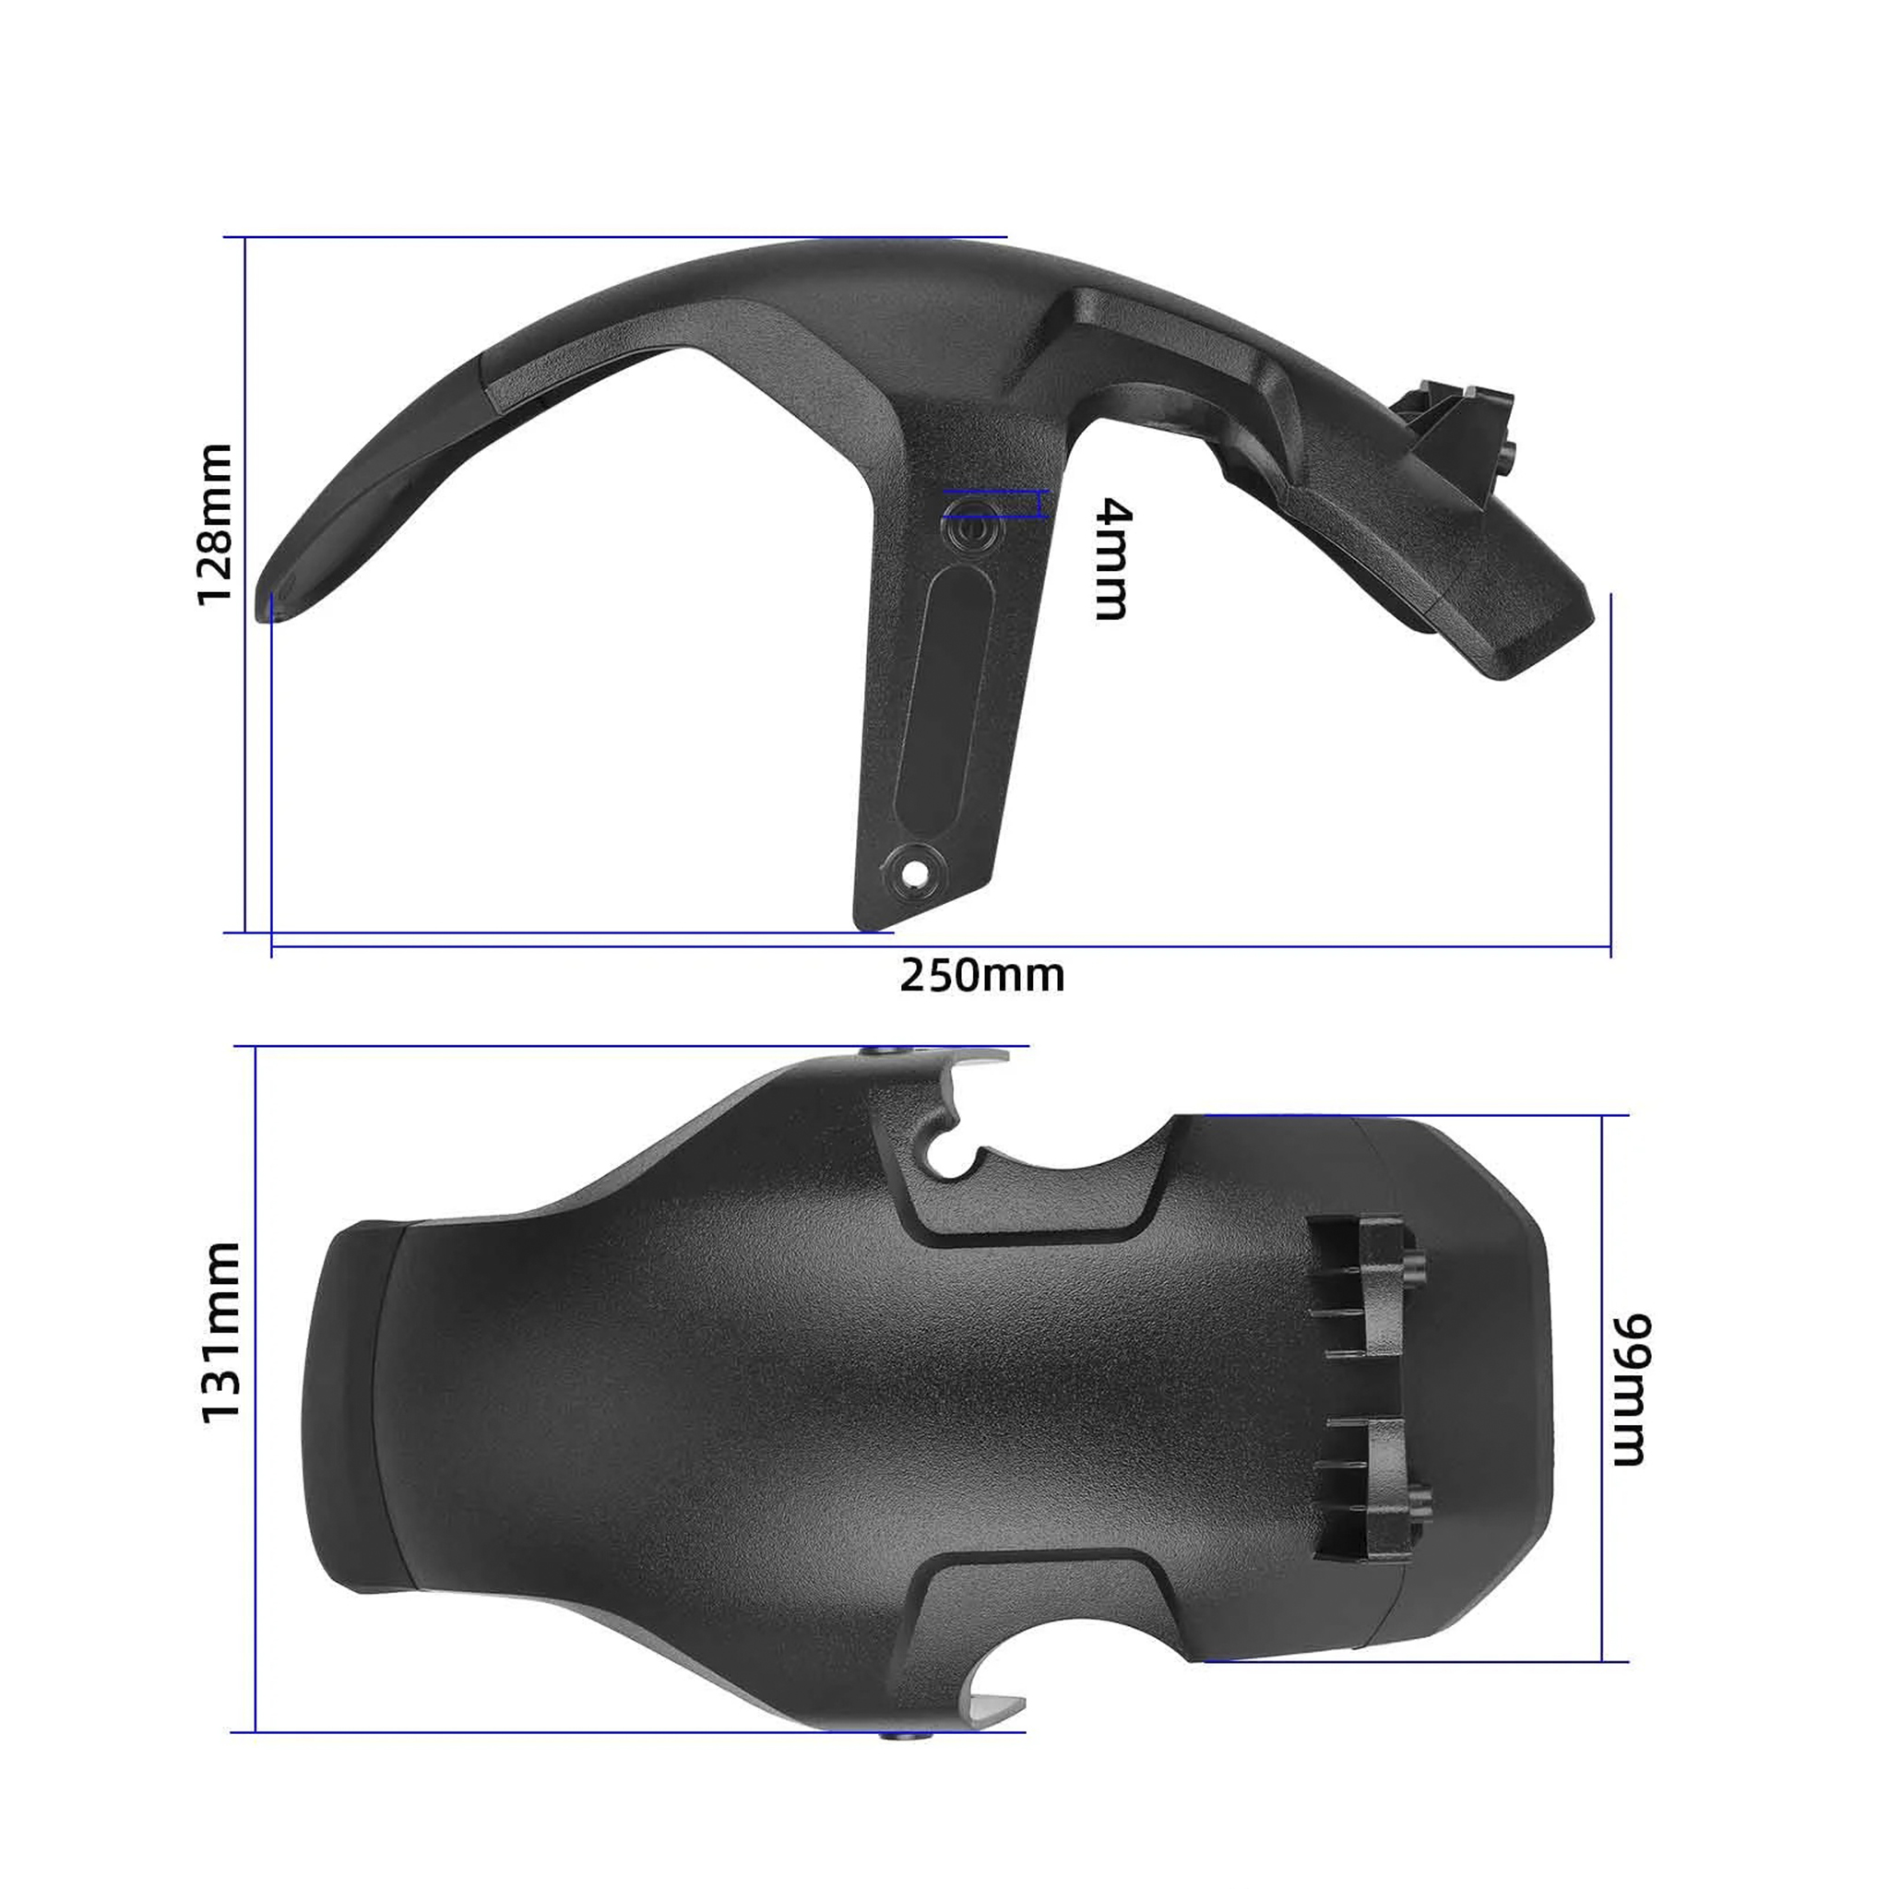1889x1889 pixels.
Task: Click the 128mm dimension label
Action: [215, 525]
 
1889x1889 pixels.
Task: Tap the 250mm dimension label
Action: [982, 976]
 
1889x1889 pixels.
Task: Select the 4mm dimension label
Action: [1112, 559]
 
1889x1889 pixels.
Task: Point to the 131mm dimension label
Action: [221, 1333]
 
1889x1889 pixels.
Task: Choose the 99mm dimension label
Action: [1630, 1389]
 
